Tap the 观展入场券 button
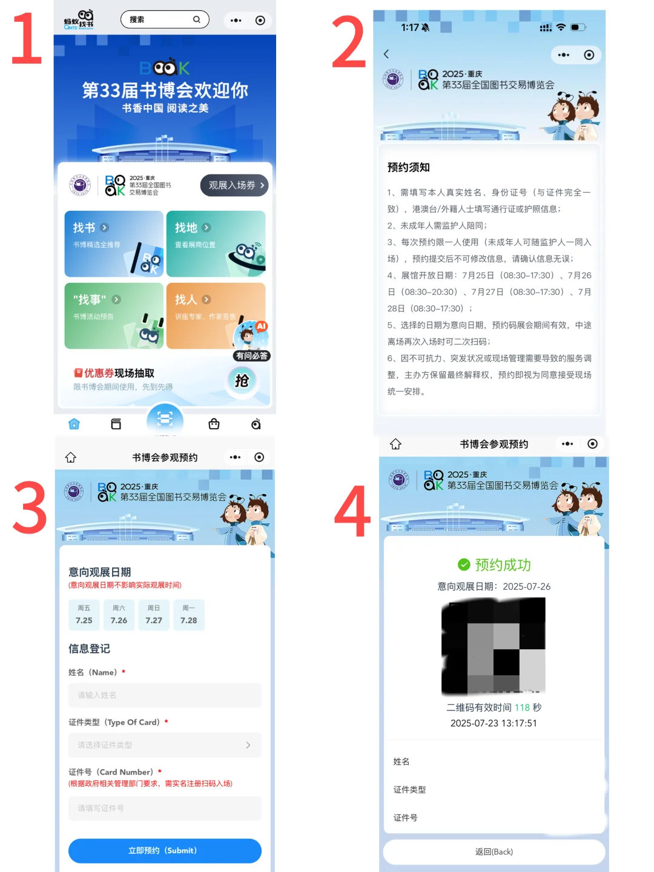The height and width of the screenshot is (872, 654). coord(234,185)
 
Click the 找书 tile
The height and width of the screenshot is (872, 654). coord(114,243)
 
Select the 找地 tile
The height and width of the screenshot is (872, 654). coord(216,243)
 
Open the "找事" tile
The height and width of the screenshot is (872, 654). coord(114,315)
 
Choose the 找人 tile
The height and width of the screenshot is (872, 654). coord(216,315)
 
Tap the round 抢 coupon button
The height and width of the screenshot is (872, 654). coord(242,380)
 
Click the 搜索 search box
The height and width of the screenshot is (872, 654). coord(165,19)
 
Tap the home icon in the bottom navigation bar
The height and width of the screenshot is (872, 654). coord(74,424)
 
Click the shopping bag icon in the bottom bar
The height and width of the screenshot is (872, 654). coord(214,424)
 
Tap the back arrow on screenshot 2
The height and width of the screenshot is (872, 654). coord(386,54)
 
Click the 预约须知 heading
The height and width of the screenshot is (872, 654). coord(409,167)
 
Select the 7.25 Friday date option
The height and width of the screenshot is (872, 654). coord(84,615)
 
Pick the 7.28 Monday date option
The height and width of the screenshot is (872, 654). coord(189,615)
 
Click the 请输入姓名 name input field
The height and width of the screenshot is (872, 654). coord(165,695)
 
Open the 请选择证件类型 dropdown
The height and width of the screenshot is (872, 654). coord(165,745)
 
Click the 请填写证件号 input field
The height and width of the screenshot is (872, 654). coord(165,808)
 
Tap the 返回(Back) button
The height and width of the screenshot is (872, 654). coord(494,851)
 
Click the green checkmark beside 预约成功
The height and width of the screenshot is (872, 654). coord(464,565)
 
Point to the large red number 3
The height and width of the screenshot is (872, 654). coord(30,507)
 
